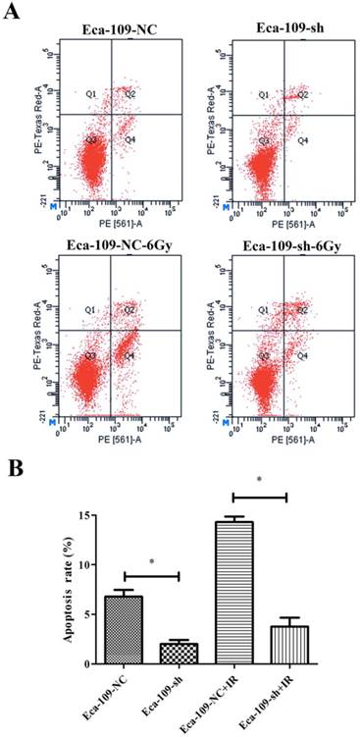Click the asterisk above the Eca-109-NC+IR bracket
click(x=259, y=480)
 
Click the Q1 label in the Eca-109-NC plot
click(x=90, y=94)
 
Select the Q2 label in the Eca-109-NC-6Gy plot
click(x=129, y=309)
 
